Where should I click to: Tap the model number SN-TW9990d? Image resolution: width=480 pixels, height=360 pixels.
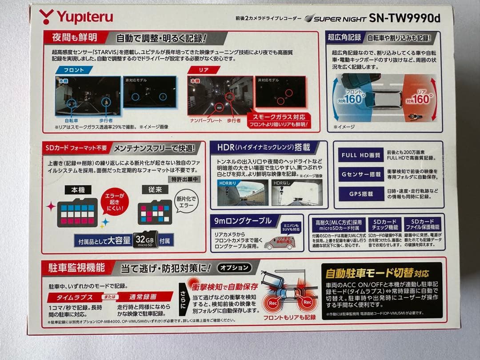coord(404,18)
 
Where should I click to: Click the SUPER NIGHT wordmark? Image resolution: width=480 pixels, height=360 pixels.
coord(335,19)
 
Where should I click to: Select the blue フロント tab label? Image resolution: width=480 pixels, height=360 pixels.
coord(74,70)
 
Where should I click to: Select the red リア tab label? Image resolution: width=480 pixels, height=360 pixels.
coord(203,70)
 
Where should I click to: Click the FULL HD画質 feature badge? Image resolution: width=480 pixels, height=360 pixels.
coord(360,156)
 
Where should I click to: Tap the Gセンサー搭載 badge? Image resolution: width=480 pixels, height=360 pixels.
coord(360,175)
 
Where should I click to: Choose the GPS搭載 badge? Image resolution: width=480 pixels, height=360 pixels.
coord(360,194)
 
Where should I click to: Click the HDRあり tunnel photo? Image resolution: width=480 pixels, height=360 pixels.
coord(242,192)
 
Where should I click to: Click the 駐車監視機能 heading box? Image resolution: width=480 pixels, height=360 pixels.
coord(76,268)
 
